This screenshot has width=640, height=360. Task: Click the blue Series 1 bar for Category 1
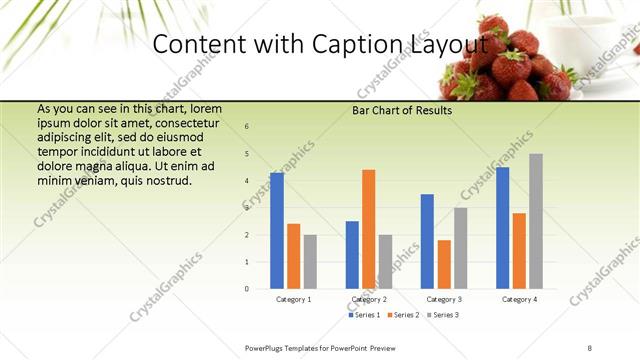277,231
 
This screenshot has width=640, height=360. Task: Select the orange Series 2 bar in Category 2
368,229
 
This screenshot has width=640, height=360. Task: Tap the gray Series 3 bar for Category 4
536,221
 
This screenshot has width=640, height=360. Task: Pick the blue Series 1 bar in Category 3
427,241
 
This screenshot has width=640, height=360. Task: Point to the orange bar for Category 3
444,264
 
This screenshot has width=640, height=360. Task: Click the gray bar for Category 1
310,262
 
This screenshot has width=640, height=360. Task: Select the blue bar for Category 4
502,228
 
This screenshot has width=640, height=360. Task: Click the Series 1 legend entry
364,315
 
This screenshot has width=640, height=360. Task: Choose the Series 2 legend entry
401,315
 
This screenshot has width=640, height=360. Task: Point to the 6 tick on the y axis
247,127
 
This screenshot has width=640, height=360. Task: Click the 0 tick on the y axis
247,289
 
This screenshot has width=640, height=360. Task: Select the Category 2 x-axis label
368,299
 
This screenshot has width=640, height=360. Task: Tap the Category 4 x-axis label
518,299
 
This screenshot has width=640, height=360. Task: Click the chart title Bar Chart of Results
402,110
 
